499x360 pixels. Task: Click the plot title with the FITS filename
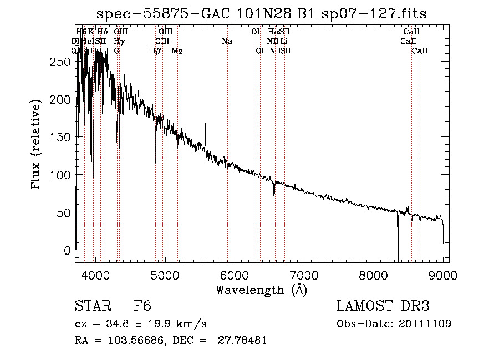pos(262,14)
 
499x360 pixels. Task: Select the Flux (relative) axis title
pos(37,146)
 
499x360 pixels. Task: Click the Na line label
pos(226,41)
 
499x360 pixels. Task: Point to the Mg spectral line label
pos(177,51)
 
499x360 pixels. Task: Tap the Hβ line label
pos(155,51)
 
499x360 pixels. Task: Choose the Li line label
pos(283,41)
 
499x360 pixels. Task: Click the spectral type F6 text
pos(142,306)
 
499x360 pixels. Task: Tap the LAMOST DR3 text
pos(383,306)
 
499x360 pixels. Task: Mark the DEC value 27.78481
pos(243,341)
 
